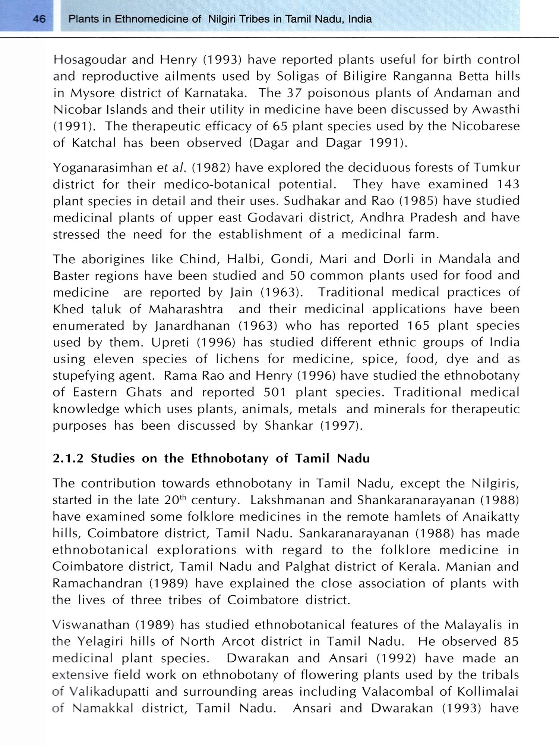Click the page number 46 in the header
[x=39, y=19]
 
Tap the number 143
[x=508, y=184]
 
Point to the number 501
[x=275, y=392]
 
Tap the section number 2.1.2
[x=68, y=458]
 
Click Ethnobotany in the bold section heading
[x=230, y=458]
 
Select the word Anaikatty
[x=491, y=517]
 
